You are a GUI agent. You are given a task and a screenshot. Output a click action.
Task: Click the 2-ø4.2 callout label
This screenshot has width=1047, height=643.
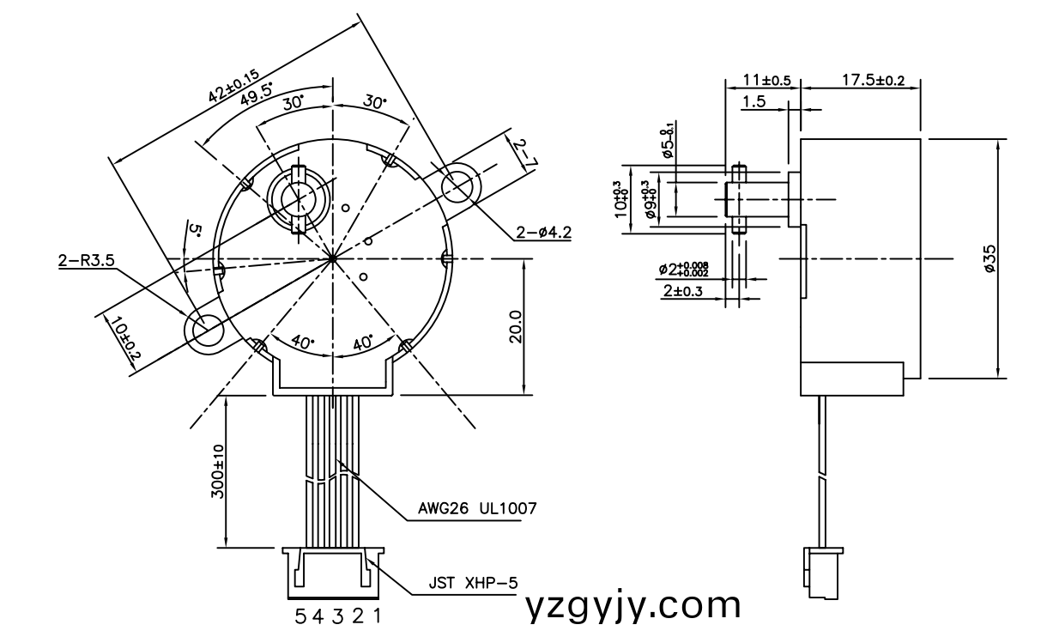(x=543, y=232)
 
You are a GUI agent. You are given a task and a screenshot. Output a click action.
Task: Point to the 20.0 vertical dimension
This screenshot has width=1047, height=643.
(x=515, y=327)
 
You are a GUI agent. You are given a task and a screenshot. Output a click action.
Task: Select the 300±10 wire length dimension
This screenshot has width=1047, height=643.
(x=218, y=471)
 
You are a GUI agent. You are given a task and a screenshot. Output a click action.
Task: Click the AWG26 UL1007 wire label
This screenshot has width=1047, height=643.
(x=476, y=508)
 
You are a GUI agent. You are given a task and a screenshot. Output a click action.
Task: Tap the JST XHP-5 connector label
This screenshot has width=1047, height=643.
(x=474, y=584)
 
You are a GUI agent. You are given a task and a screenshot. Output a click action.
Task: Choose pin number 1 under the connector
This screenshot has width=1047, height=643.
(x=375, y=616)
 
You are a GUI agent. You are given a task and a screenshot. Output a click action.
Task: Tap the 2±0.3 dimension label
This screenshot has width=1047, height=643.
(x=682, y=292)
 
